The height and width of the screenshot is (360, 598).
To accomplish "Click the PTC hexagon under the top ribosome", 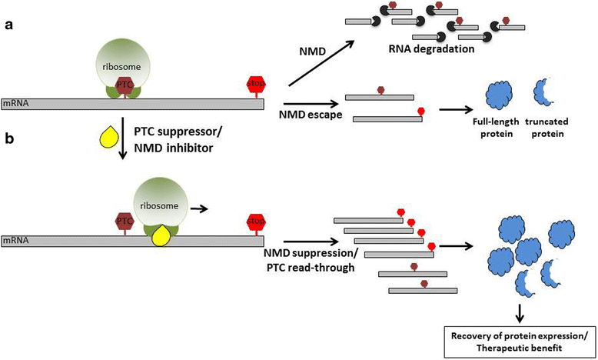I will (124, 85).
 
